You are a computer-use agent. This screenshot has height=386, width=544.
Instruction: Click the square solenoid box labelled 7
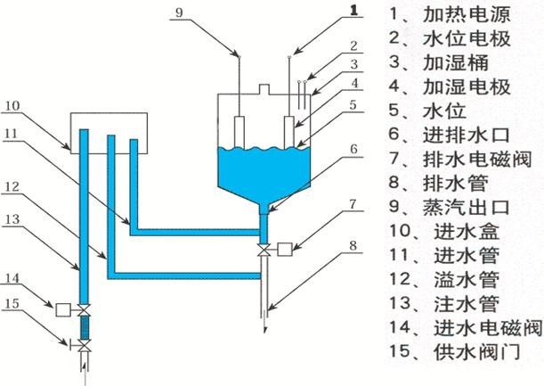pos(287,248)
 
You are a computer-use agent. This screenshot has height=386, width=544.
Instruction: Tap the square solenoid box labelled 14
pos(62,309)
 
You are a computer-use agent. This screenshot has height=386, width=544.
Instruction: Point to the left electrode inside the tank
pos(240,130)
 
